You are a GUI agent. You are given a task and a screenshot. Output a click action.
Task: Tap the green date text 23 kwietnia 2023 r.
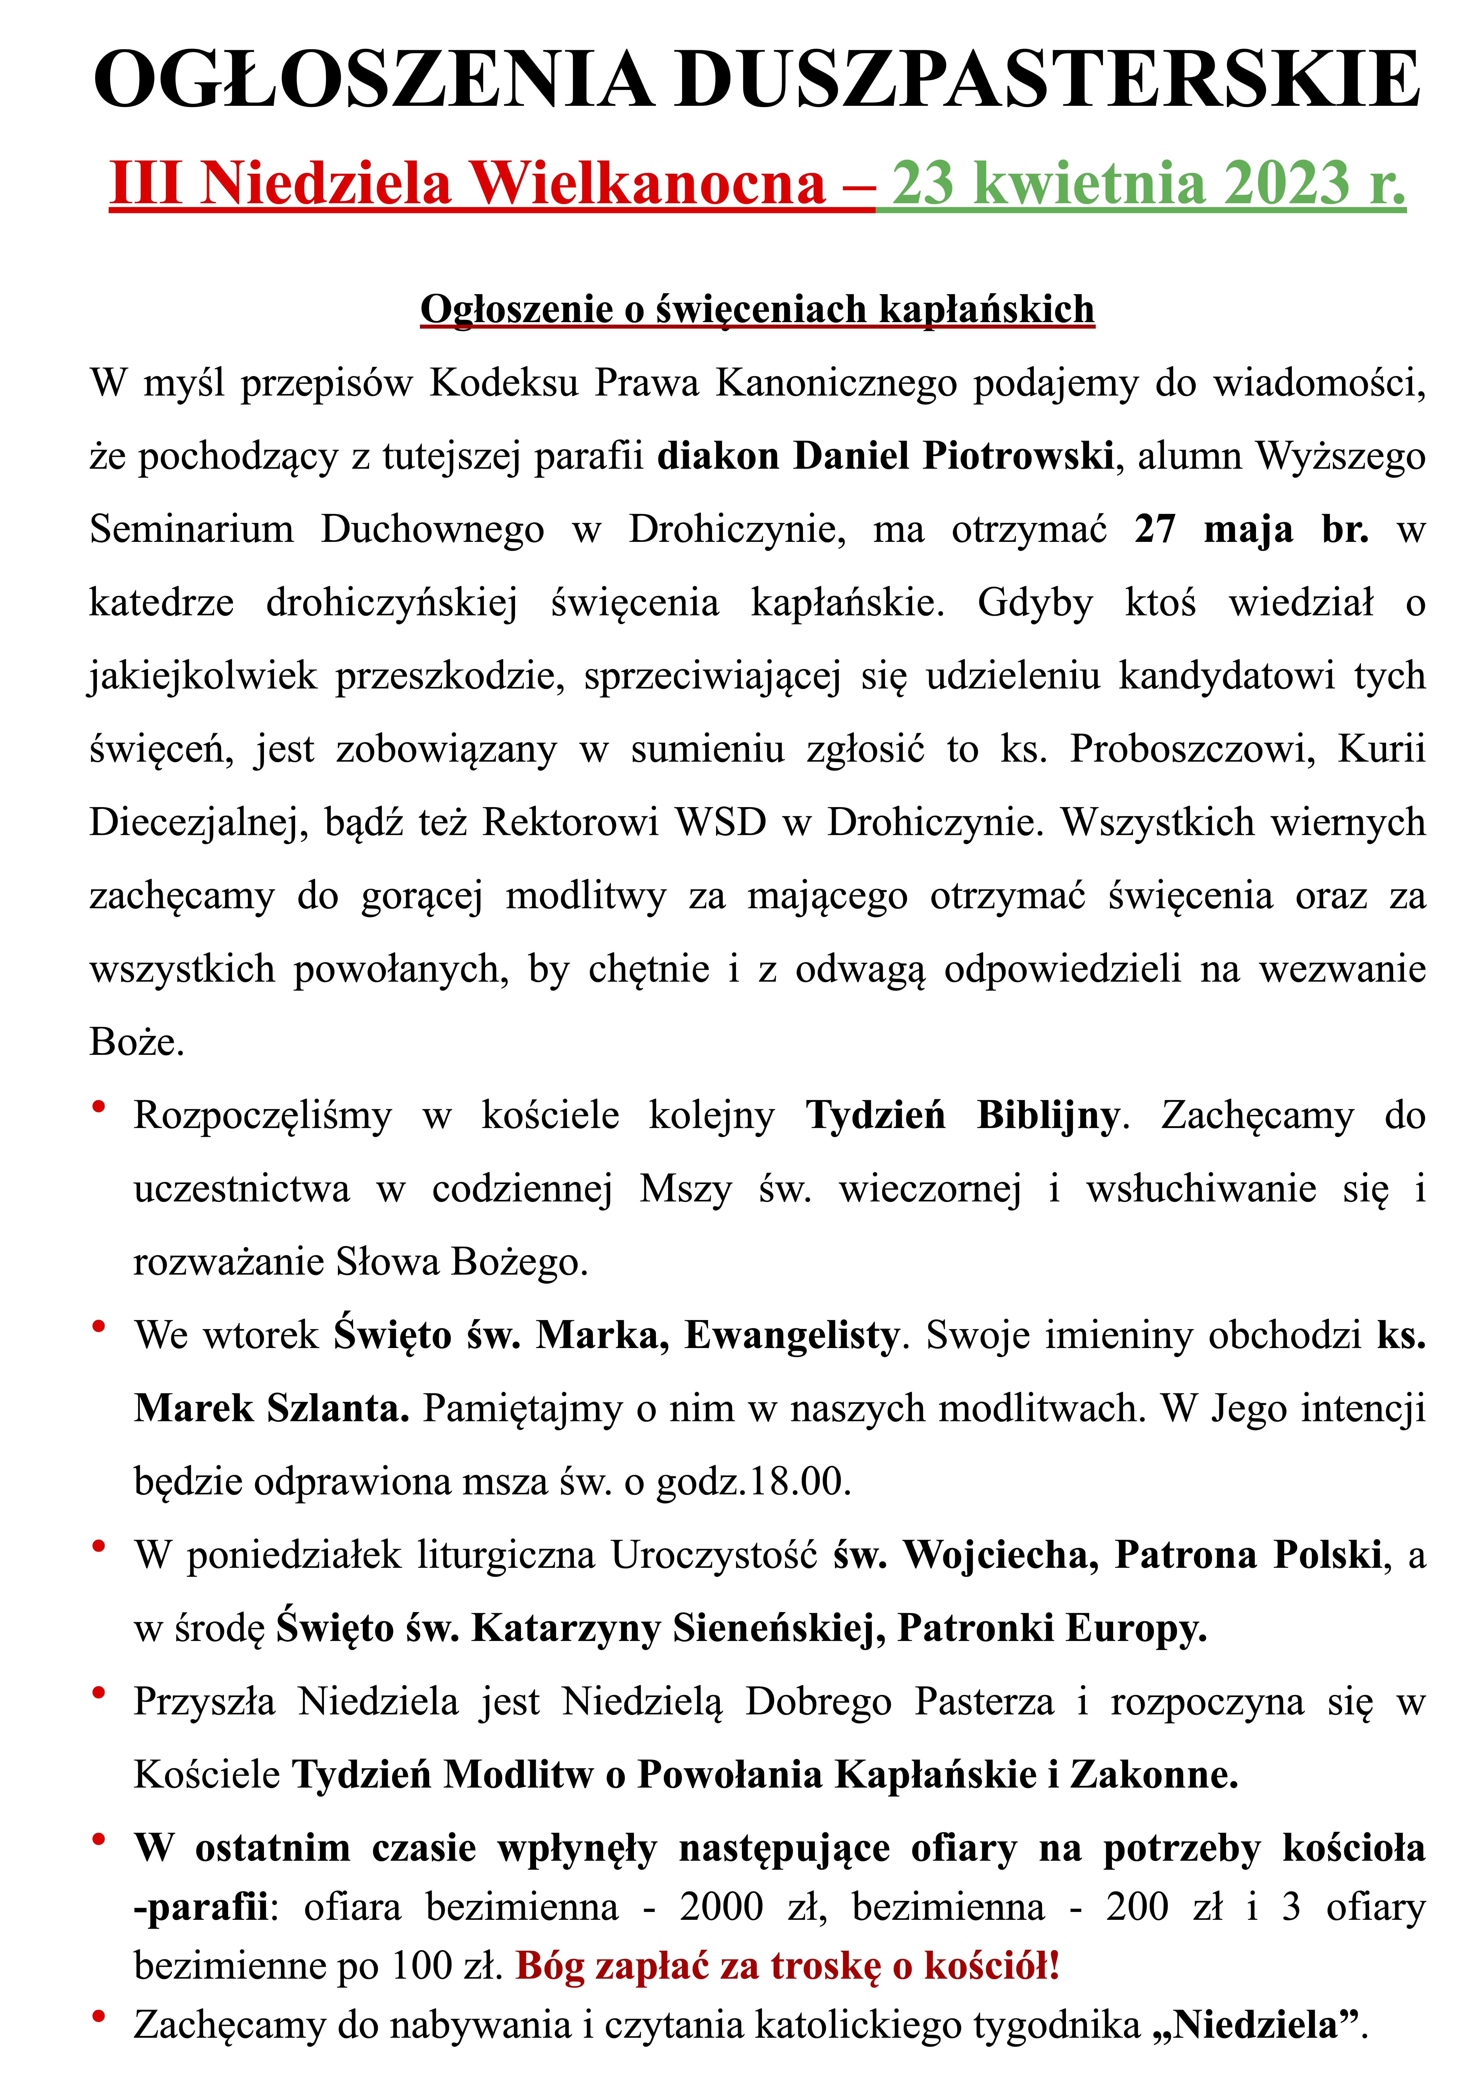(1148, 184)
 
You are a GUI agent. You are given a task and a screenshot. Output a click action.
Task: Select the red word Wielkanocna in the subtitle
(649, 184)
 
